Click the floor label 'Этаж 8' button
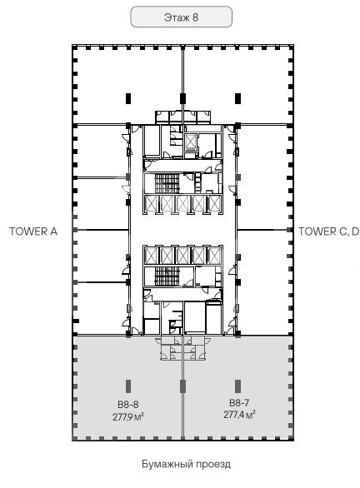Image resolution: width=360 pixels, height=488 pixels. click(181, 17)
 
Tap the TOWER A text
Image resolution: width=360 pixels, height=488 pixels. click(33, 232)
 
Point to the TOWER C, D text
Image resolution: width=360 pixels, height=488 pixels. click(328, 232)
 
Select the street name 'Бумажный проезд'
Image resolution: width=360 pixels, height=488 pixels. click(186, 464)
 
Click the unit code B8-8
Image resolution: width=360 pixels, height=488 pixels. click(128, 405)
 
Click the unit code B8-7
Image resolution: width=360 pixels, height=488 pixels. click(239, 403)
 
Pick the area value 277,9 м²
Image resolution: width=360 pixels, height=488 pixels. click(128, 416)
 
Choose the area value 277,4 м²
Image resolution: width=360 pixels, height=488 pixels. click(239, 415)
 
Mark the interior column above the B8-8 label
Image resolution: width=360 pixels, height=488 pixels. click(128, 386)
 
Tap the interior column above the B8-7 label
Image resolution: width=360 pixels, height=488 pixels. click(238, 386)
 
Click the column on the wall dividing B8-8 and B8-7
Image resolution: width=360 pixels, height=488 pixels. click(182, 386)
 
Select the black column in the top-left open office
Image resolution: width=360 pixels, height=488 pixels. click(128, 98)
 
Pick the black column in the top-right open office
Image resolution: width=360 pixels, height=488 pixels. click(238, 98)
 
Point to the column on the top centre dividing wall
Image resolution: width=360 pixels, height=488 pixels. click(182, 98)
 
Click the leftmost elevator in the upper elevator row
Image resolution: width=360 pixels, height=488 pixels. click(152, 204)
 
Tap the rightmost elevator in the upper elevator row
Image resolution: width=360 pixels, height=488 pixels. click(214, 204)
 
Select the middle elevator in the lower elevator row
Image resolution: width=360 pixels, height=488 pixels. click(182, 255)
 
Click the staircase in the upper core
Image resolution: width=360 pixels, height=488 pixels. click(167, 183)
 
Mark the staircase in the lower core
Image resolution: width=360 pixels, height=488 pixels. click(167, 276)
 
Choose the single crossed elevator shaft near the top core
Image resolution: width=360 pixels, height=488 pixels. click(190, 142)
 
